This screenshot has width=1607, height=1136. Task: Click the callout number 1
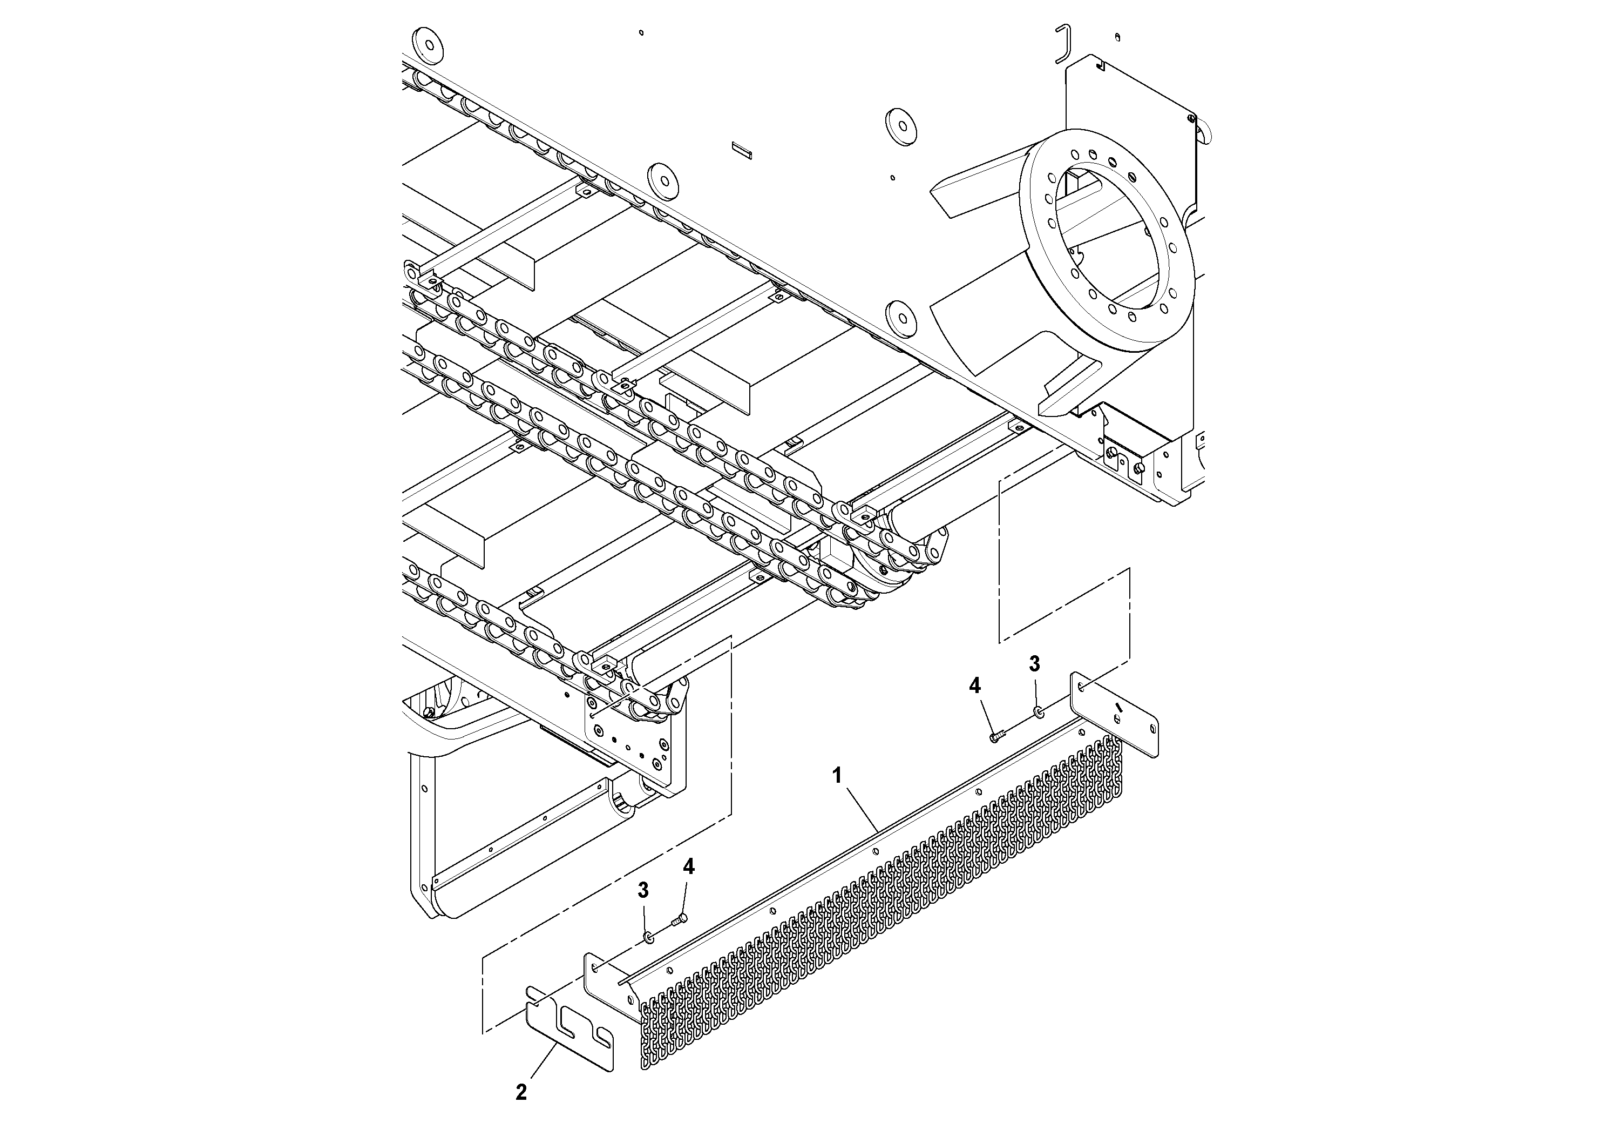(x=836, y=776)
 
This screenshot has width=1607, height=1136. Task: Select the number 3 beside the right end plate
(x=1034, y=664)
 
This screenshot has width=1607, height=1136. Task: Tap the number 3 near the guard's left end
(x=642, y=890)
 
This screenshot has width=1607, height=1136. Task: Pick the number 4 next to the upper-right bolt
(x=975, y=687)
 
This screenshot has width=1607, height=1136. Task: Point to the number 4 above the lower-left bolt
(x=689, y=867)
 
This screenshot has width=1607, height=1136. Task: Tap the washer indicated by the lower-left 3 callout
(x=649, y=937)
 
